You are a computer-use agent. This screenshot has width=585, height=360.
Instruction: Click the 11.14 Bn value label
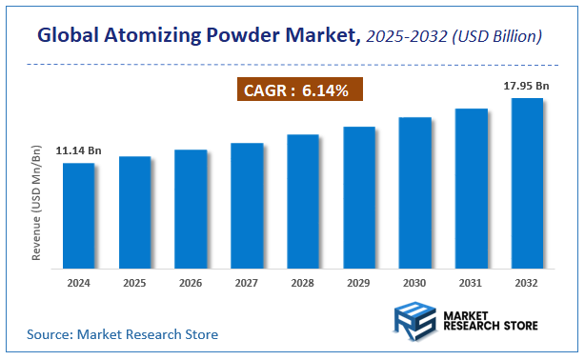pos(78,150)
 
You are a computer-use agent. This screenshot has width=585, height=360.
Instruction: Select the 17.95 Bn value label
pos(526,86)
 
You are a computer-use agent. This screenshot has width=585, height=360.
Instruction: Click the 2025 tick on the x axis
pos(134,283)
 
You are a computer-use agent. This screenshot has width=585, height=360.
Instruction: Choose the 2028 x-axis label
pos(302,283)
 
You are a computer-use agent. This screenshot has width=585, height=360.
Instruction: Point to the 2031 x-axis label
pos(471,283)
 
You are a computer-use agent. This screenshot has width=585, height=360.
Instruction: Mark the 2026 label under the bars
pos(191,283)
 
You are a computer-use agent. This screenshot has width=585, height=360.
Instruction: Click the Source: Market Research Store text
pos(122,334)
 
